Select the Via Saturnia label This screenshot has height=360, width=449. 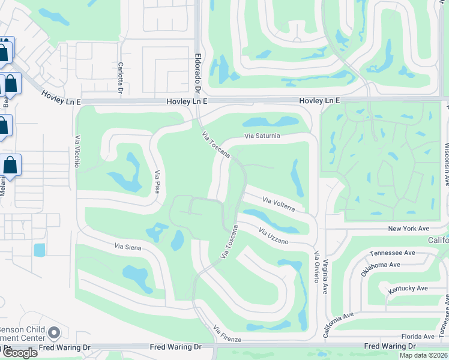click(262, 136)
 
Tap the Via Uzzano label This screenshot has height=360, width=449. click(274, 236)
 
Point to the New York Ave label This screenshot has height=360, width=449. click(409, 229)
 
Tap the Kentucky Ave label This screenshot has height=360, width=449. click(408, 289)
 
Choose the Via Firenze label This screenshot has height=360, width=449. click(227, 334)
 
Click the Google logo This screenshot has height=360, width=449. click(19, 353)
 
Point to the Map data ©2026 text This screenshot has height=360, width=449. click(423, 355)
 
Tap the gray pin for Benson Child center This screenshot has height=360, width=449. click(54, 332)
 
